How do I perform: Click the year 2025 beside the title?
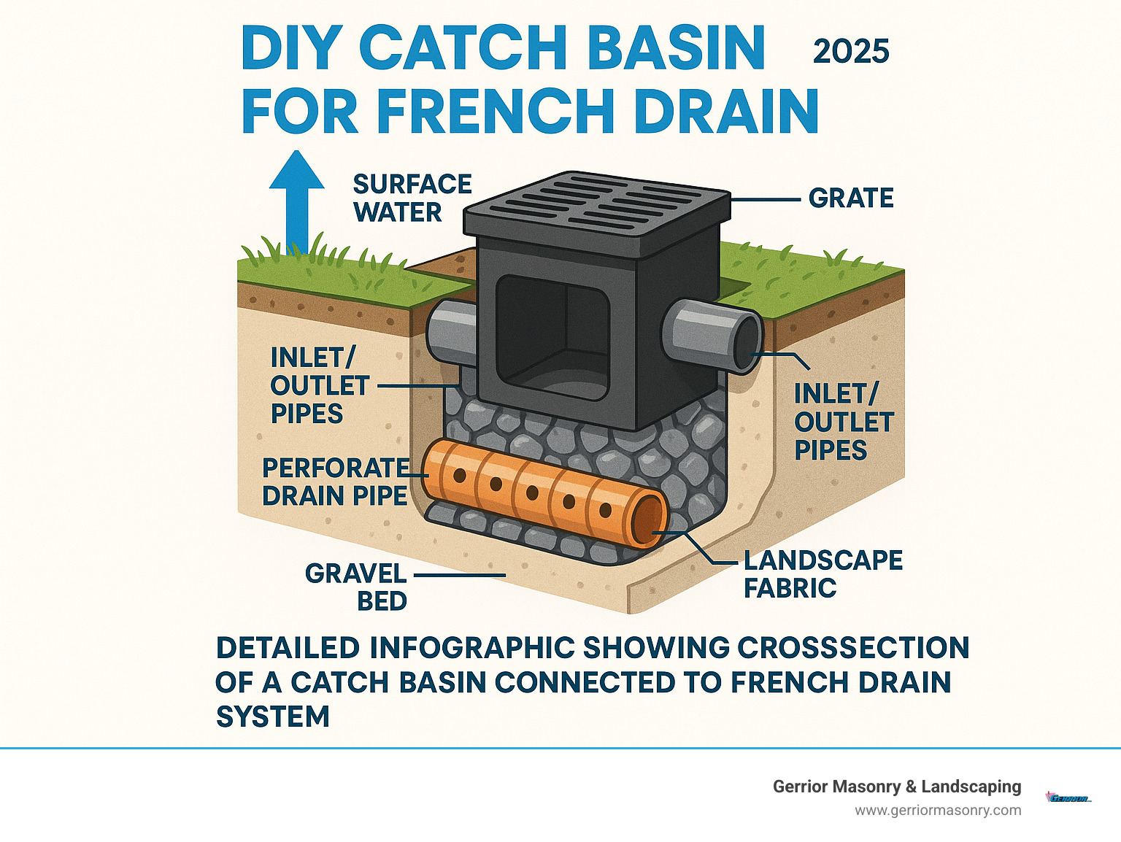pyautogui.click(x=851, y=51)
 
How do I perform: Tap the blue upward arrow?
pyautogui.click(x=296, y=197)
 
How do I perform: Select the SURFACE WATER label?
pyautogui.click(x=412, y=198)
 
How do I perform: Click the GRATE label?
pyautogui.click(x=851, y=198)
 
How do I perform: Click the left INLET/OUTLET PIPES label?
pyautogui.click(x=320, y=385)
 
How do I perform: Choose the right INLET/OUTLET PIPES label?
pyautogui.click(x=843, y=422)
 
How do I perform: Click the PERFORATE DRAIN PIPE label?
pyautogui.click(x=336, y=482)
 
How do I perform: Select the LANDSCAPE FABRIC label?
pyautogui.click(x=823, y=573)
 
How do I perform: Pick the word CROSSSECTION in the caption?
pyautogui.click(x=852, y=648)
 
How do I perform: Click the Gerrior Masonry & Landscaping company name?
pyautogui.click(x=896, y=787)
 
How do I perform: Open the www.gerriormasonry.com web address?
pyautogui.click(x=938, y=810)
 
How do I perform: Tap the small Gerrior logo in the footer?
pyautogui.click(x=1068, y=797)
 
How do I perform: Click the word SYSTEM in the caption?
pyautogui.click(x=273, y=717)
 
